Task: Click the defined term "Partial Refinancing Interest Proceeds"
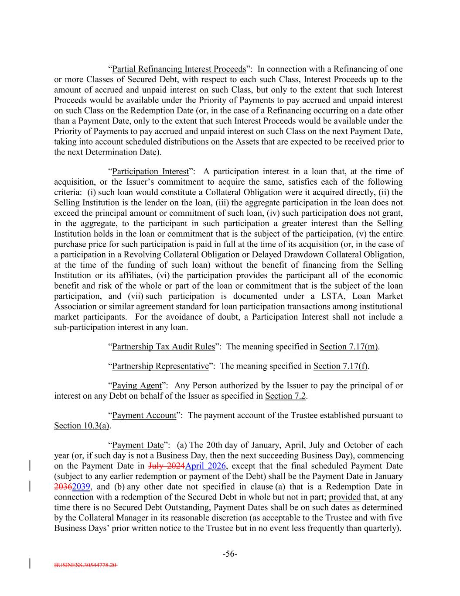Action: (179, 69)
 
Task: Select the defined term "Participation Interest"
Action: (150, 172)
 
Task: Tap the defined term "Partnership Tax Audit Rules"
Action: (164, 347)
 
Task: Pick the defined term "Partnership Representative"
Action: (160, 366)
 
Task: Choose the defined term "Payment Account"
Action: (144, 415)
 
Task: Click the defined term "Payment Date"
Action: (137, 445)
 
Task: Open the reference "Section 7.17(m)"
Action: (349, 347)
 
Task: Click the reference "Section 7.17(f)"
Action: (340, 366)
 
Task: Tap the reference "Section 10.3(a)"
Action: (82, 426)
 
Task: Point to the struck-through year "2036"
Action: (63, 487)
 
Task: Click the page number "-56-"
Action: (230, 554)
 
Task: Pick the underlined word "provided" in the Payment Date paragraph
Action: (344, 497)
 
